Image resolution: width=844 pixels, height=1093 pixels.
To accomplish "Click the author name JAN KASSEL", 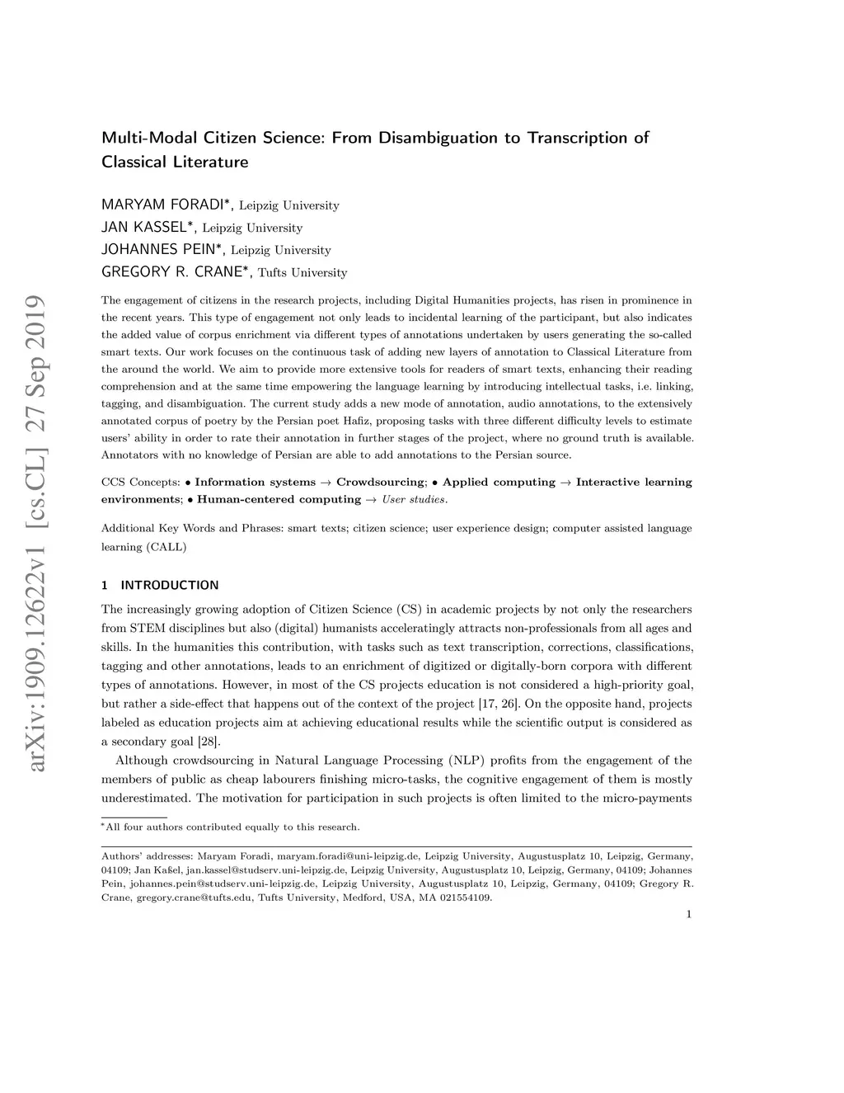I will [x=148, y=227].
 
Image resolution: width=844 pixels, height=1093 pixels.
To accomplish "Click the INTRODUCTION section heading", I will [x=169, y=586].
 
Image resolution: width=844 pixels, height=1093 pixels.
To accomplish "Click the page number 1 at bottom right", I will [x=688, y=914].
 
